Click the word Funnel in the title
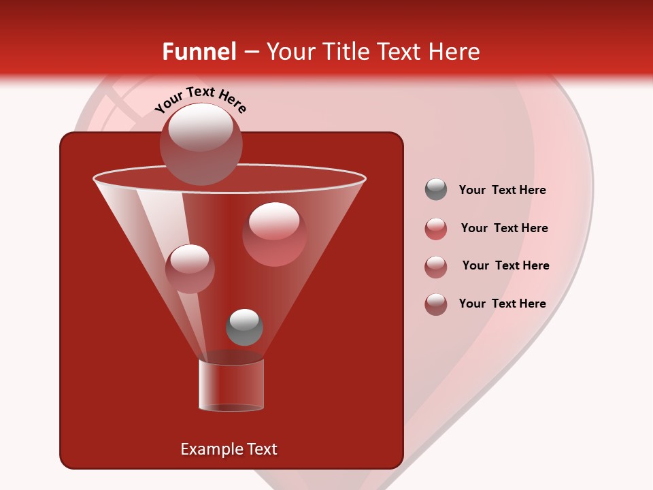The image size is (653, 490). (199, 52)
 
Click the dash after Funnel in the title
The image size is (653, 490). (250, 52)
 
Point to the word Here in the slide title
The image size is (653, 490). (451, 52)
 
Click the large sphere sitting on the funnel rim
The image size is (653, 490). (201, 144)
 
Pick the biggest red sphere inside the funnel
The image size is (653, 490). (274, 234)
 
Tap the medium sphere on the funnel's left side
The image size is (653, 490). (190, 268)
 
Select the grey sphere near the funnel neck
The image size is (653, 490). (244, 327)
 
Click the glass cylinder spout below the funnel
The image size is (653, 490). (231, 385)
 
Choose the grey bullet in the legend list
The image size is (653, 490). (436, 190)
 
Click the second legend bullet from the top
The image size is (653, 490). (436, 229)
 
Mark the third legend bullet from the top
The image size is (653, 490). (436, 266)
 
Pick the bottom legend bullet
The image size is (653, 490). (436, 304)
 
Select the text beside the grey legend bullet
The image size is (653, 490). (502, 191)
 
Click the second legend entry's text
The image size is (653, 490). (504, 229)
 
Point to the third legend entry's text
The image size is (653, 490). (505, 266)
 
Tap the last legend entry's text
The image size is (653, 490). (502, 304)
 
